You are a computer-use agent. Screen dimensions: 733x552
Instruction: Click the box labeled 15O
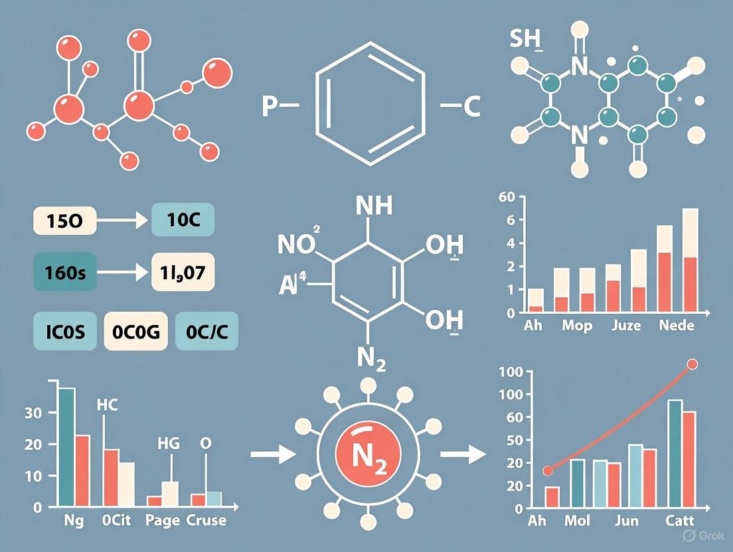pos(64,220)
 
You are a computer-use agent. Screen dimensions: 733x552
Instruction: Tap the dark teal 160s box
pos(64,272)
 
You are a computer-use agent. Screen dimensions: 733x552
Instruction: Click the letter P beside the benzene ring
pos(269,106)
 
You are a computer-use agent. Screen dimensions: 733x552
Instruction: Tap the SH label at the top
pos(527,40)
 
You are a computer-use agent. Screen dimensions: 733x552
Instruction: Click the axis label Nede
pos(678,326)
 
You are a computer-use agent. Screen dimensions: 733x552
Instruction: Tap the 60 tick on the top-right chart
pos(506,196)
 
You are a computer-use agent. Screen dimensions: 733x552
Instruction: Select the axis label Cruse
pos(206,519)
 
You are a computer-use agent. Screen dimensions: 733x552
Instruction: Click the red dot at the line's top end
pos(692,364)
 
